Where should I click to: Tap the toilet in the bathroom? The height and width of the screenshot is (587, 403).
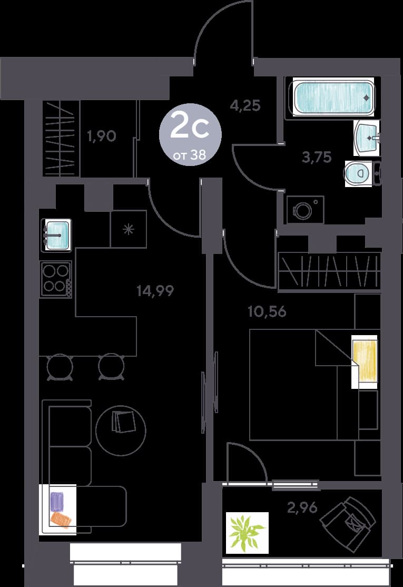[358, 173]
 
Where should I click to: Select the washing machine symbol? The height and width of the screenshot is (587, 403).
[305, 210]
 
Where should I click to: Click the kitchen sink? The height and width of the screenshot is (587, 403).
[56, 236]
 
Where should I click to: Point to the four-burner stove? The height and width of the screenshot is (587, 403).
[56, 279]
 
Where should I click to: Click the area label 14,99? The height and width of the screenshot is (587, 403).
[155, 290]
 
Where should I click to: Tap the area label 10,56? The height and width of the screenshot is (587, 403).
[267, 311]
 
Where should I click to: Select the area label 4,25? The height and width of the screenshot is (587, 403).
[245, 105]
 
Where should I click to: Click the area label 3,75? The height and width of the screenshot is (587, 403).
[317, 157]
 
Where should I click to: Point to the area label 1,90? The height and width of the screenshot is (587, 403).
[102, 136]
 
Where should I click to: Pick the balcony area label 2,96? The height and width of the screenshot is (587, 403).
[302, 507]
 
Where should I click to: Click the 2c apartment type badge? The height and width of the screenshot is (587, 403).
[190, 134]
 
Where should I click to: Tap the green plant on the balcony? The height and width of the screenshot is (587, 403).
[247, 533]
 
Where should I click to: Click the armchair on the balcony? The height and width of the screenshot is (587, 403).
[348, 524]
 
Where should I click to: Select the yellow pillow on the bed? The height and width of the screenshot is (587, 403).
[365, 362]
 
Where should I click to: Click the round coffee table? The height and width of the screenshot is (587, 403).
[121, 431]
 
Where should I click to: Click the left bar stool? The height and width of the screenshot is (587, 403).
[60, 367]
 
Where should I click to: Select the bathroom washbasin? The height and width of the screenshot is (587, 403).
[367, 138]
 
